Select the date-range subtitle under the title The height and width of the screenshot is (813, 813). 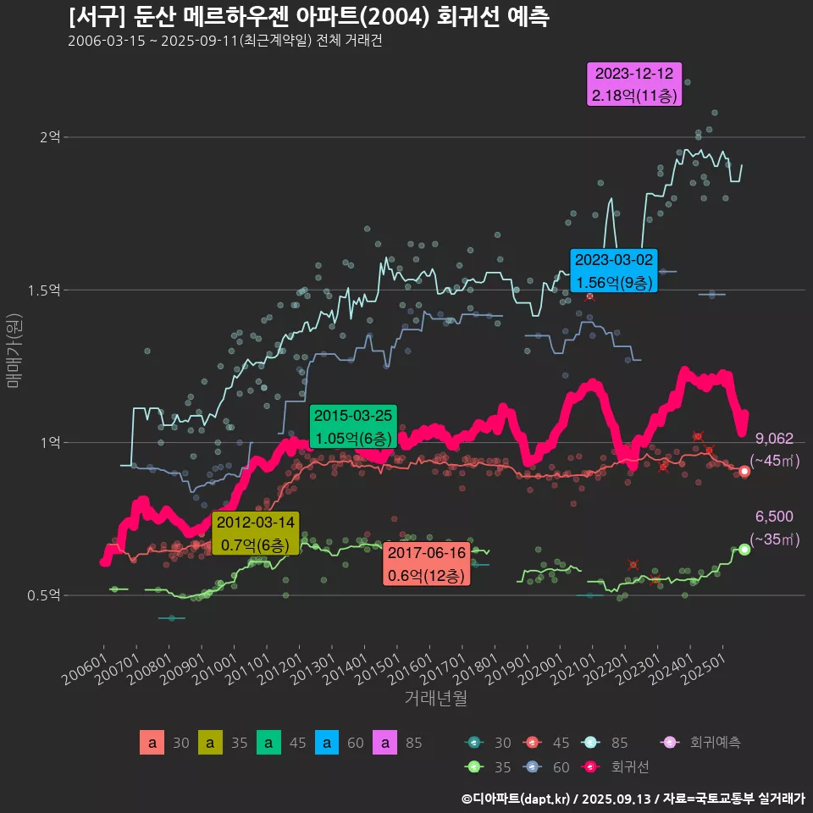point(224,41)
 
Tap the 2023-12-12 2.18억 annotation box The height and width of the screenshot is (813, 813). point(634,85)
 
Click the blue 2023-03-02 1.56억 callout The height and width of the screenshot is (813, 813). point(614,271)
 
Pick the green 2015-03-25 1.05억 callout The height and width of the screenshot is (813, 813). point(353,427)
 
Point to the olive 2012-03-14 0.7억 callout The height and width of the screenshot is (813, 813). point(255,534)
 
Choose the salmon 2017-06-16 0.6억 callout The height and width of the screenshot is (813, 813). point(427,564)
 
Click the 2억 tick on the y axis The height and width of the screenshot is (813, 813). point(50,137)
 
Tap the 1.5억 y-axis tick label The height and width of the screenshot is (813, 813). point(44,290)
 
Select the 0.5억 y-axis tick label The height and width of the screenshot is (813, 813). point(44,595)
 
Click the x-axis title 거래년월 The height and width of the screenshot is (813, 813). point(435,698)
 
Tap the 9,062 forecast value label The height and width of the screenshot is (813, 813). point(774,439)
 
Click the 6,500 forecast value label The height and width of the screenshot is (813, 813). point(774,517)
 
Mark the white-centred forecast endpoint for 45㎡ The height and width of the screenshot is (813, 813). point(744,471)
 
